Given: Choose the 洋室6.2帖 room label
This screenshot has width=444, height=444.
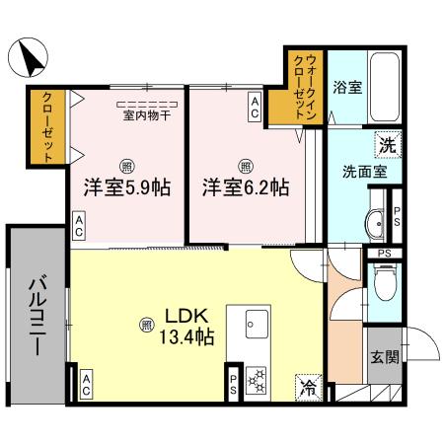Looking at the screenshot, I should click(247, 186).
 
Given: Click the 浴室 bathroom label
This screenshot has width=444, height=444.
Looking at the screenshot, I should click(347, 87).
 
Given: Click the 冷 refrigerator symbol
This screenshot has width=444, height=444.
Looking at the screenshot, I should click(309, 386).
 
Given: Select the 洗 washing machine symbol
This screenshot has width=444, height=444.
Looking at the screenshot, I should click(388, 142).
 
